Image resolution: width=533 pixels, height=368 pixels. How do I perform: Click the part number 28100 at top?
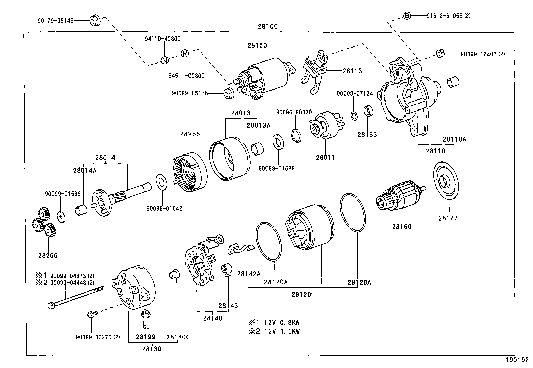268,27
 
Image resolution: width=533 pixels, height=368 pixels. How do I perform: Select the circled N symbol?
164,60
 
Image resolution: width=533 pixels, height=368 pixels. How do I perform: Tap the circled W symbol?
185,53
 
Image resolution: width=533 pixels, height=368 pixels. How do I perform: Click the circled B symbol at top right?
407,15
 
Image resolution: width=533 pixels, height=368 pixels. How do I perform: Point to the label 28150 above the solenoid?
257,45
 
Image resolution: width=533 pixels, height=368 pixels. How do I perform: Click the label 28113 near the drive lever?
352,71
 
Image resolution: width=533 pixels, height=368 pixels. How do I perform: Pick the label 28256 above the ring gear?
190,134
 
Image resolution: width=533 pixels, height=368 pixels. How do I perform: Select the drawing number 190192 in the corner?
519,361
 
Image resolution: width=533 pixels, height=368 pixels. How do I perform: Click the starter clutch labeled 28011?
323,125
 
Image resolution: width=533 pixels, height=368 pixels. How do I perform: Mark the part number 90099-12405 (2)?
482,54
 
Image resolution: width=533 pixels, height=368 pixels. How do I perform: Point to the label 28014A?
85,170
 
